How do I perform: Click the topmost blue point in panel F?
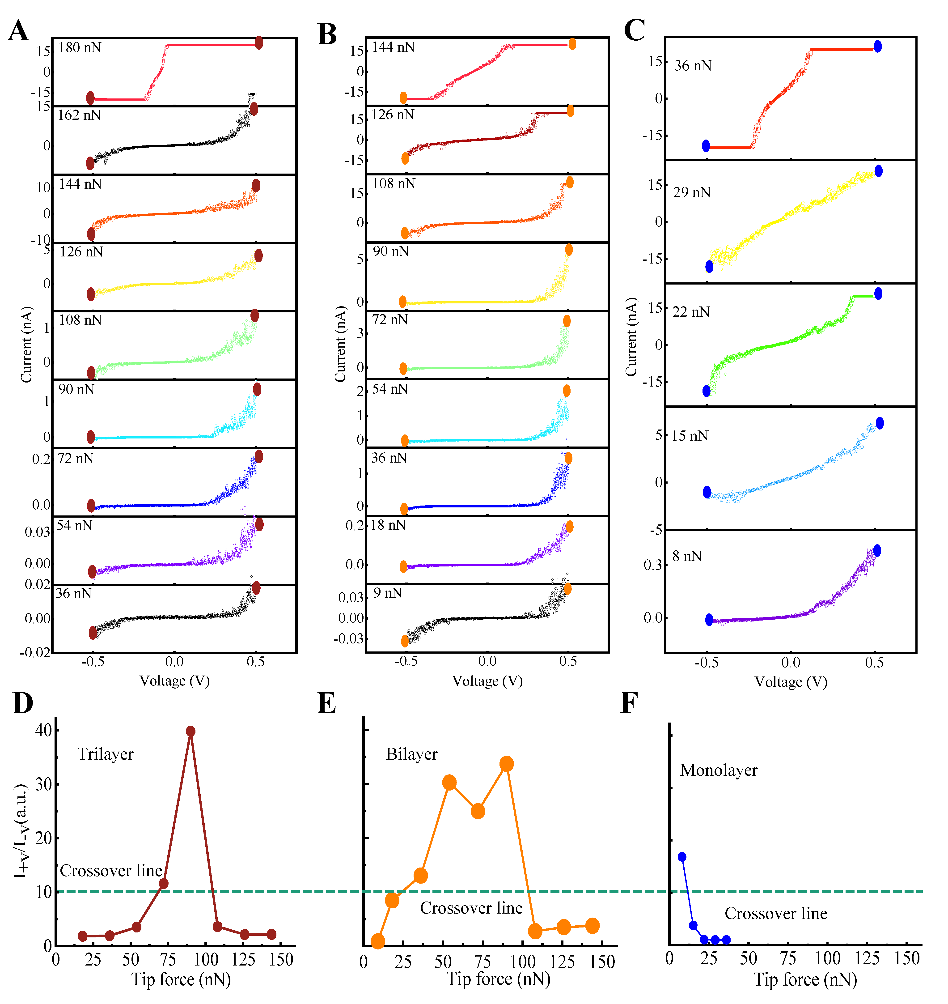682,856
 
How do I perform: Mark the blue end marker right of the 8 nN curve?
877,551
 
